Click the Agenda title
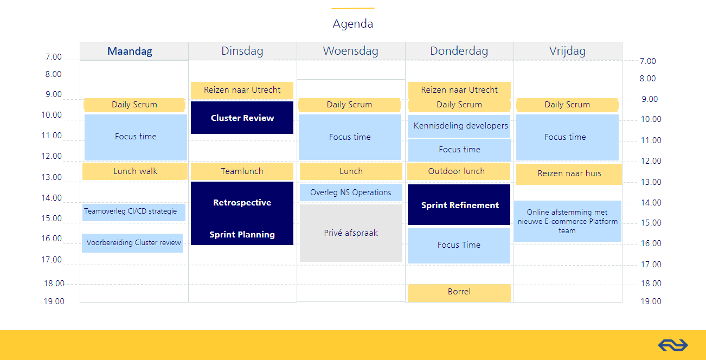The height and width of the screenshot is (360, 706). click(352, 24)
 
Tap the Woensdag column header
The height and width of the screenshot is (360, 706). click(351, 51)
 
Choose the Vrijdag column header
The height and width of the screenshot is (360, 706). click(568, 51)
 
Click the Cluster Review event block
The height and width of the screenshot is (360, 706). click(242, 118)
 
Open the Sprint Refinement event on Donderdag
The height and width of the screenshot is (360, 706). click(459, 204)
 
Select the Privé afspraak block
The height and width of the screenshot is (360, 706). click(351, 233)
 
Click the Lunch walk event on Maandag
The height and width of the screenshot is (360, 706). click(135, 171)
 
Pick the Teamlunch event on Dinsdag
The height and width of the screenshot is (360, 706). click(242, 171)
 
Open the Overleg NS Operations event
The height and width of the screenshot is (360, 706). click(351, 192)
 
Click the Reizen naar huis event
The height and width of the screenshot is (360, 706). click(569, 173)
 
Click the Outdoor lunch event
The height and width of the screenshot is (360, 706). click(459, 171)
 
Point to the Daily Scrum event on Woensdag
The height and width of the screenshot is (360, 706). click(349, 105)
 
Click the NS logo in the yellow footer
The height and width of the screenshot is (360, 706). click(673, 345)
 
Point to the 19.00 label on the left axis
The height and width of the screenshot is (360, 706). click(54, 301)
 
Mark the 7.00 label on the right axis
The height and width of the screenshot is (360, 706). click(647, 61)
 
